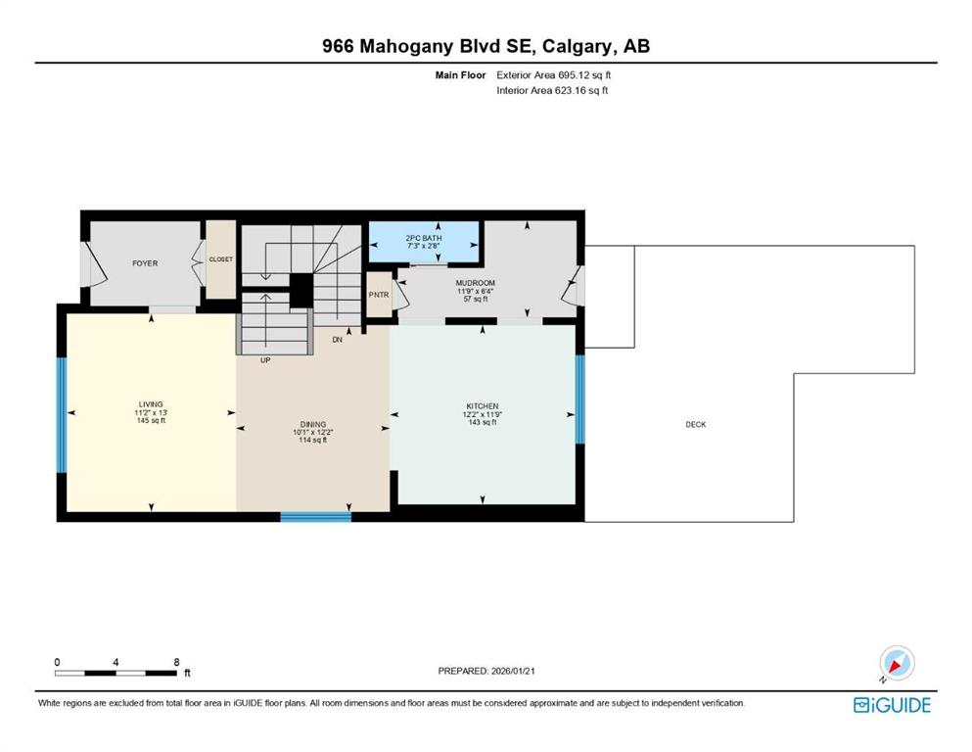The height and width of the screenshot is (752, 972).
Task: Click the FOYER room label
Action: coord(145,263)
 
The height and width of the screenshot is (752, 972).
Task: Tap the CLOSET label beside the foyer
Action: coord(220,259)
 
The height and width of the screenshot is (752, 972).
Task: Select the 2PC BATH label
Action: coord(423,238)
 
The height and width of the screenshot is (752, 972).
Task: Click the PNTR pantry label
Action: coord(378,295)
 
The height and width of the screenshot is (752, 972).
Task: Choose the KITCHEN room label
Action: coord(483,405)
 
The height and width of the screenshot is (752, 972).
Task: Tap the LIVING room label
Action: coord(151,404)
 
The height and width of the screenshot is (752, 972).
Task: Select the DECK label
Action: coord(695,424)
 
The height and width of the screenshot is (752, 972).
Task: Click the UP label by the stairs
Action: coord(265,360)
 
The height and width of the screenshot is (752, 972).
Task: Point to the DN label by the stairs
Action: coord(337,340)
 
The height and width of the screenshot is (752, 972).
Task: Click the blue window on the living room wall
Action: coord(61,415)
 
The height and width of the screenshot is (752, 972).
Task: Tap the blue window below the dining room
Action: coord(315,516)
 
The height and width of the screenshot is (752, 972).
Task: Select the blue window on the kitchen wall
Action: coord(579,399)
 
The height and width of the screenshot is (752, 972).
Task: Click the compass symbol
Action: coord(896,664)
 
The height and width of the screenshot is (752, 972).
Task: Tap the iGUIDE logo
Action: coord(892,705)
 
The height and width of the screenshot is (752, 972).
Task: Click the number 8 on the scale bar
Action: coord(176,662)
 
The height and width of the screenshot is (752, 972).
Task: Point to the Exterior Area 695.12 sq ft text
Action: coord(559,74)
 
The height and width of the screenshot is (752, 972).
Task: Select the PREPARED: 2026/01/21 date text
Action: coord(486,671)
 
